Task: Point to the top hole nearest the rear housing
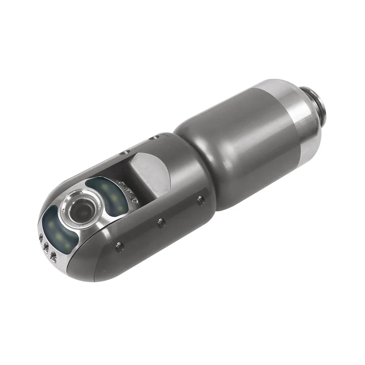154,138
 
